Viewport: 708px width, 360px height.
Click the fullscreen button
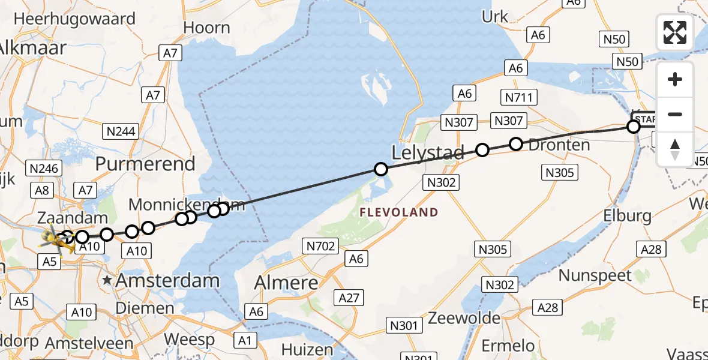[x=675, y=32]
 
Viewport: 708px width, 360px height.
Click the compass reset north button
[x=675, y=149]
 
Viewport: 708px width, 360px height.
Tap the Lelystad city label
[x=428, y=153]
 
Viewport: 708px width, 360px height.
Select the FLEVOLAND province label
[x=399, y=212]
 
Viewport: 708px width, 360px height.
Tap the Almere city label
[x=286, y=282]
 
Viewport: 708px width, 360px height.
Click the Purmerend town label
[x=145, y=164]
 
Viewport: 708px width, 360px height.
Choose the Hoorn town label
[x=206, y=28]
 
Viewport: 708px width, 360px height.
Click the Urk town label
[x=495, y=17]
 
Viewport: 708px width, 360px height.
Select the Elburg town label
[x=628, y=215]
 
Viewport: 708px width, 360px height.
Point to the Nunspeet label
[x=595, y=275]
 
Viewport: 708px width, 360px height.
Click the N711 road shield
[x=518, y=97]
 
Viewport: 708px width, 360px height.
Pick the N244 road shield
[x=121, y=131]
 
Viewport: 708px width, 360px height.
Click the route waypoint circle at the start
[x=633, y=127]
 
